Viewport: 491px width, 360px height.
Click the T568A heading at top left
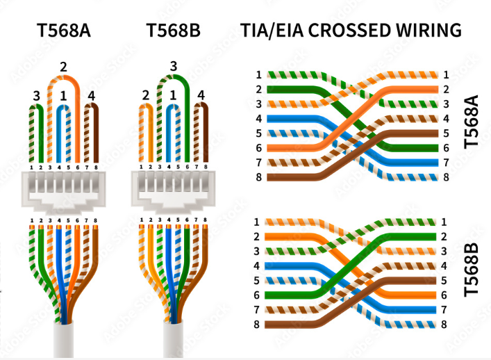point(65,30)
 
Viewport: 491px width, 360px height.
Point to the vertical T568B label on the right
point(472,271)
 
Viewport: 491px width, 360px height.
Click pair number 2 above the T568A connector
point(63,67)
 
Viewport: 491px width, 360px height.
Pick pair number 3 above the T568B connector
point(173,66)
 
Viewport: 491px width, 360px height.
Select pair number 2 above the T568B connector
point(145,95)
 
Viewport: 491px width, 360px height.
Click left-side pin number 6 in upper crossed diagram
point(258,148)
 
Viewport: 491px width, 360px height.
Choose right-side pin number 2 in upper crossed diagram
point(446,89)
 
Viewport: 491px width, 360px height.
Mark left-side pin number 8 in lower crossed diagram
point(258,325)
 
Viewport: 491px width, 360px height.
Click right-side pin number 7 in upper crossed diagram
point(446,163)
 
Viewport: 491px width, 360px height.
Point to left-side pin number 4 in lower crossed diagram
point(258,265)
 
